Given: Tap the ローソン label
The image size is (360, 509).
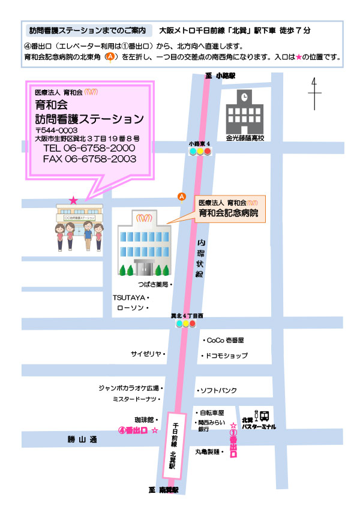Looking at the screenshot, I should pyautogui.click(x=131, y=308).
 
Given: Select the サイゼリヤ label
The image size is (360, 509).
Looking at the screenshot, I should pyautogui.click(x=147, y=354).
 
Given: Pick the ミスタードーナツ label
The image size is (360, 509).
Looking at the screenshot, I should pyautogui.click(x=134, y=399).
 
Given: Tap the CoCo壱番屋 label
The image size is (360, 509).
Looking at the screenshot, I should pyautogui.click(x=225, y=340).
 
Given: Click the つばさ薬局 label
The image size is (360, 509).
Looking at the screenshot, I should pyautogui.click(x=152, y=284).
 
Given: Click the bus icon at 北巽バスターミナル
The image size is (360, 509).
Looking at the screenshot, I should pyautogui.click(x=264, y=415).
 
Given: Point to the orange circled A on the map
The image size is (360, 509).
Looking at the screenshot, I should pyautogui.click(x=181, y=197).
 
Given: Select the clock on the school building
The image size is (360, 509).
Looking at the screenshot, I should pyautogui.click(x=244, y=97).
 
